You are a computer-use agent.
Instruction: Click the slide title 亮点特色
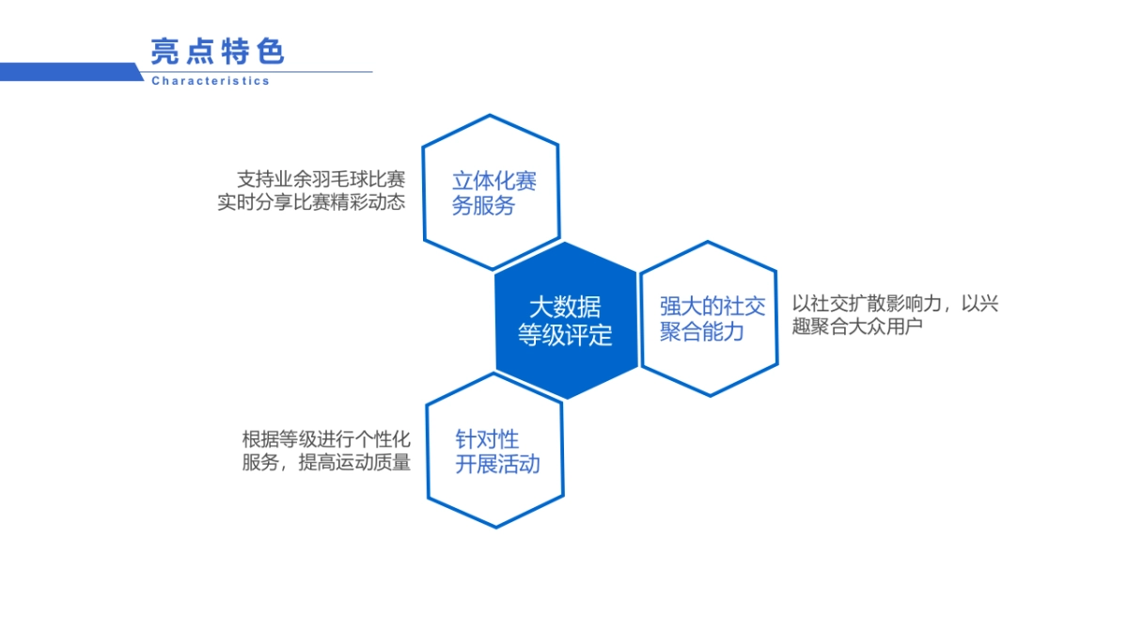pyautogui.click(x=217, y=51)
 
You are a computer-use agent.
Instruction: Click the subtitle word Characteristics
pyautogui.click(x=211, y=81)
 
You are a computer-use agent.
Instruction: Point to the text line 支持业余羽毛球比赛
pyautogui.click(x=321, y=179)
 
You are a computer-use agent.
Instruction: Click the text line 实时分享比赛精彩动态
pyautogui.click(x=311, y=201)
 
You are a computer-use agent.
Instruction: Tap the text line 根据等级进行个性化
pyautogui.click(x=326, y=439)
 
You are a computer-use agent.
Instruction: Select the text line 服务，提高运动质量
pyautogui.click(x=326, y=462)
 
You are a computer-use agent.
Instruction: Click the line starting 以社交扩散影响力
pyautogui.click(x=895, y=304)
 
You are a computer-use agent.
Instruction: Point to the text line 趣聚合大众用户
pyautogui.click(x=858, y=326)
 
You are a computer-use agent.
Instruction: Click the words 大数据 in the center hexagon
pyautogui.click(x=565, y=307)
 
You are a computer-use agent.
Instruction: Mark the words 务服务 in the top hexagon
pyautogui.click(x=483, y=206)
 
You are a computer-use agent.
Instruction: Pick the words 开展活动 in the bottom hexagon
pyautogui.click(x=497, y=464)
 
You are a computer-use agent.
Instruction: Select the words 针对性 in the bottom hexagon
pyautogui.click(x=487, y=439)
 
